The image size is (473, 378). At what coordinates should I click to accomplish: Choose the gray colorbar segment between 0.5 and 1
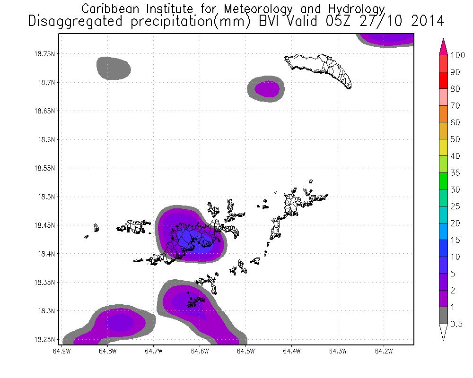point(443,315)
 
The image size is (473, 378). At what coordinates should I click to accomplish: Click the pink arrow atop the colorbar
point(443,47)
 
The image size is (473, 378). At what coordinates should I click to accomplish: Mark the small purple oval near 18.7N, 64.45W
point(267,88)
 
